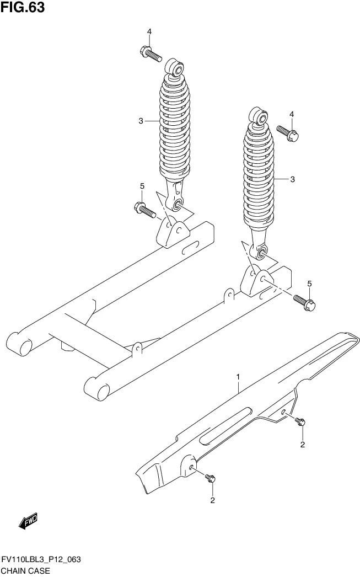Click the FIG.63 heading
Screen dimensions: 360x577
[x=23, y=7]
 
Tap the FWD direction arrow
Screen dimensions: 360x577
[x=28, y=521]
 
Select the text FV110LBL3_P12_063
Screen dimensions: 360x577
[x=41, y=560]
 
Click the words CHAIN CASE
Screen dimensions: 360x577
[x=25, y=571]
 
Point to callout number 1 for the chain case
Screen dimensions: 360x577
[x=238, y=377]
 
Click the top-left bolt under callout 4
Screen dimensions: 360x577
[x=151, y=54]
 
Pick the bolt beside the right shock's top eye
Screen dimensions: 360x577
[x=288, y=133]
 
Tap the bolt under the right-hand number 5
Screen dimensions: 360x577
[x=304, y=302]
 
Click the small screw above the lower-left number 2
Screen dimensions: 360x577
[x=210, y=478]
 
